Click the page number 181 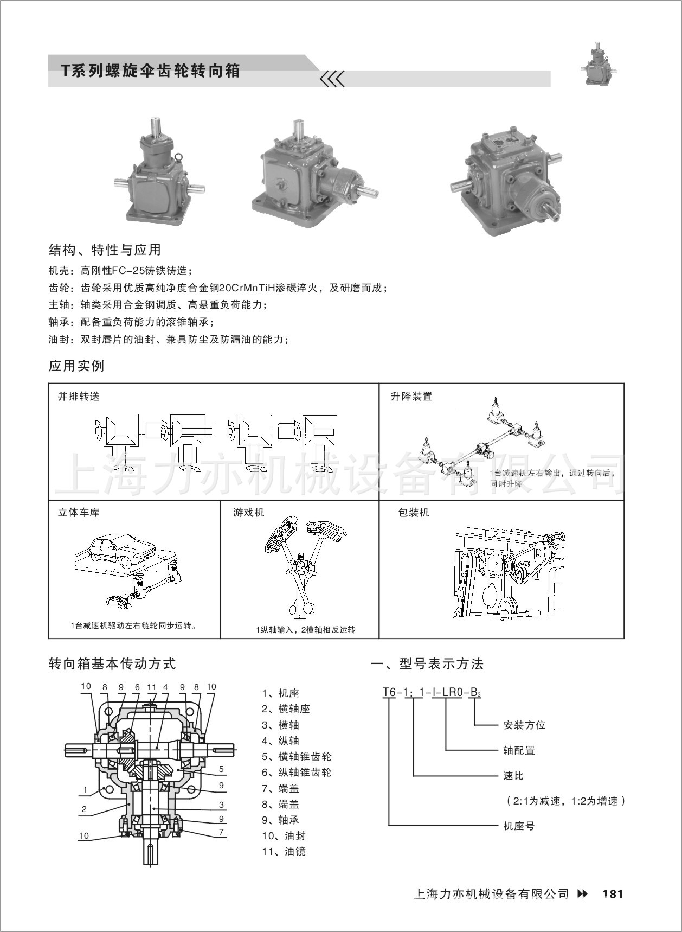(x=613, y=894)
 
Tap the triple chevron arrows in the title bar (x=332, y=79)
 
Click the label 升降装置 (x=411, y=397)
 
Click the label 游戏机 (x=249, y=512)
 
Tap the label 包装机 (x=414, y=512)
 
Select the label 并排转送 (x=79, y=397)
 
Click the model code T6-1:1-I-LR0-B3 (x=432, y=693)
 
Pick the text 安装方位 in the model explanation (x=524, y=725)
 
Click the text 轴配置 (x=519, y=750)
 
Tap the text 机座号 (x=519, y=826)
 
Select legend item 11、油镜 (x=284, y=851)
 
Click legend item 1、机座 (x=280, y=693)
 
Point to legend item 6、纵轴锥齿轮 (x=297, y=772)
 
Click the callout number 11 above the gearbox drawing (x=152, y=687)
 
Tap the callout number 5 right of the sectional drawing (x=221, y=769)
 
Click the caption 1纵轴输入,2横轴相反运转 (x=306, y=630)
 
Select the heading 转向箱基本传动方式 (x=112, y=663)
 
